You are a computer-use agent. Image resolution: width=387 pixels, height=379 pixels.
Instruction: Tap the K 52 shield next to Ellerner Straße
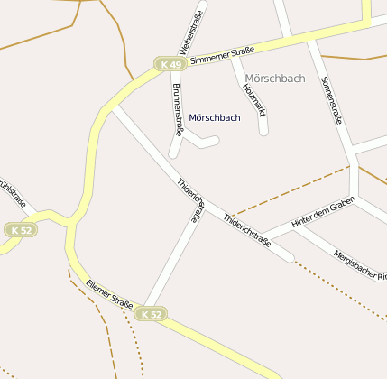pyautogui.click(x=152, y=314)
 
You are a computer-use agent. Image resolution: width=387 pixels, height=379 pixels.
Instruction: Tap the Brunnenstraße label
pyautogui.click(x=177, y=109)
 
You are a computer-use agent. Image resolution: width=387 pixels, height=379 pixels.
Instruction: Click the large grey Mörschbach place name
pyautogui.click(x=274, y=79)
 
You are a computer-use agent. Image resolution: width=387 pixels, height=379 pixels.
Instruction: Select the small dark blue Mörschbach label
pyautogui.click(x=215, y=118)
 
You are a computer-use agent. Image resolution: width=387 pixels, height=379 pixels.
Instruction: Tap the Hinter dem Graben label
pyautogui.click(x=323, y=214)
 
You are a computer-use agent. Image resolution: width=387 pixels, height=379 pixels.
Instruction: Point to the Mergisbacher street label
pyautogui.click(x=359, y=264)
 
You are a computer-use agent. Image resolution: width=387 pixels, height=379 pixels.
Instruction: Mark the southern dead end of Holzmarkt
pyautogui.click(x=264, y=131)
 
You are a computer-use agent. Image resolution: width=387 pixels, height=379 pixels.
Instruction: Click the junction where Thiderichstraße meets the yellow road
pyautogui.click(x=111, y=108)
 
